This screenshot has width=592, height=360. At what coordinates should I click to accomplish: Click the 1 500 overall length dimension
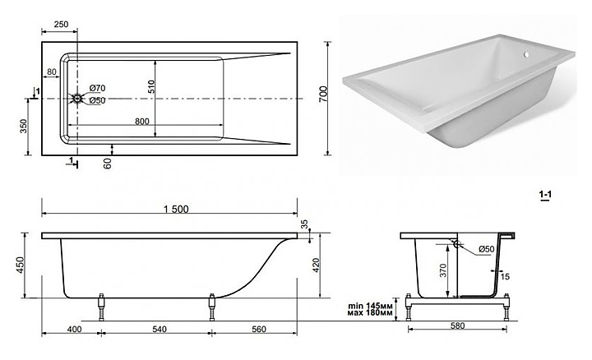coord(169,210)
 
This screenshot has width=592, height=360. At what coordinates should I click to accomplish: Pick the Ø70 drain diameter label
coord(96,88)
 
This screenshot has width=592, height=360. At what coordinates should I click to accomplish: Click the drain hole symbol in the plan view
coord(77,99)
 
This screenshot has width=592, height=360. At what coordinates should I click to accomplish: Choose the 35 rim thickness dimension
coord(304,224)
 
